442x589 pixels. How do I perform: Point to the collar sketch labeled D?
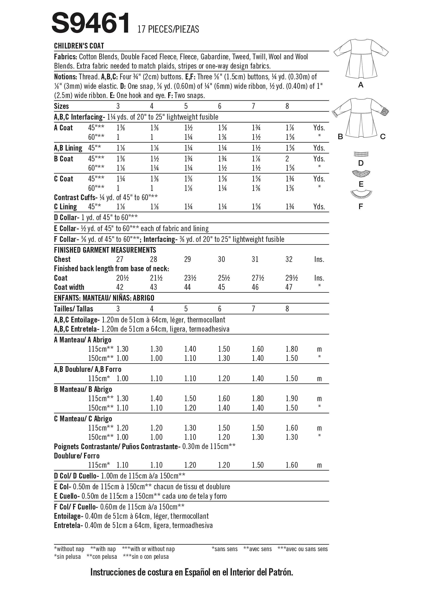[361, 154]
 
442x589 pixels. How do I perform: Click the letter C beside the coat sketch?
[383, 137]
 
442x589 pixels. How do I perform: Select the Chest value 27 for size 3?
[120, 259]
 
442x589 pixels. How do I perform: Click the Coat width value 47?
[289, 287]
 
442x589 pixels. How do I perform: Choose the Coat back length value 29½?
[292, 278]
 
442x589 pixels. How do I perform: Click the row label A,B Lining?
[68, 148]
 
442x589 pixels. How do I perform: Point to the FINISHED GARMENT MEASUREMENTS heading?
[105, 250]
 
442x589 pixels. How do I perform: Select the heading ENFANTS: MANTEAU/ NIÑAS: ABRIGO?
[104, 298]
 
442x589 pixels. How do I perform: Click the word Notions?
[65, 77]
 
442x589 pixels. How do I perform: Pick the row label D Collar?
[66, 218]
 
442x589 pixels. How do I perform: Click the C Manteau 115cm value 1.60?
[292, 428]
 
